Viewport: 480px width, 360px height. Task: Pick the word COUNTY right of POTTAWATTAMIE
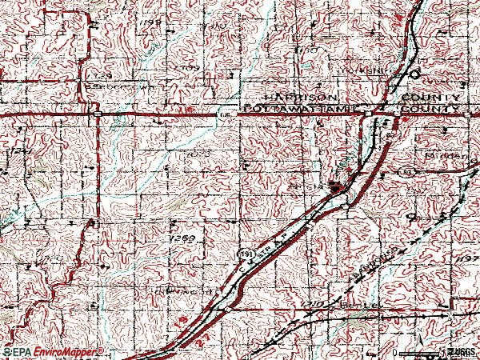coord(429,107)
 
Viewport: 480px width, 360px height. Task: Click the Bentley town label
coord(357,306)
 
